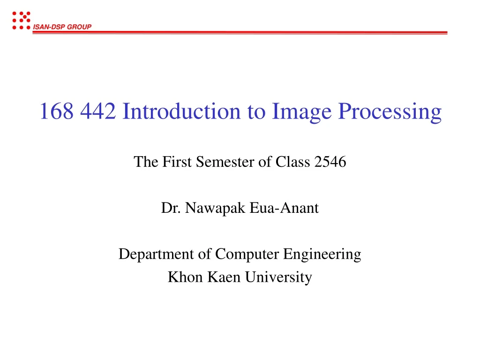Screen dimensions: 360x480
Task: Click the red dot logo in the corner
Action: tap(21, 21)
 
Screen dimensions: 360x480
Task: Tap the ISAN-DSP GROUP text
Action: tap(62, 27)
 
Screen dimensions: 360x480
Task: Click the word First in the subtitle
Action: tap(178, 162)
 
